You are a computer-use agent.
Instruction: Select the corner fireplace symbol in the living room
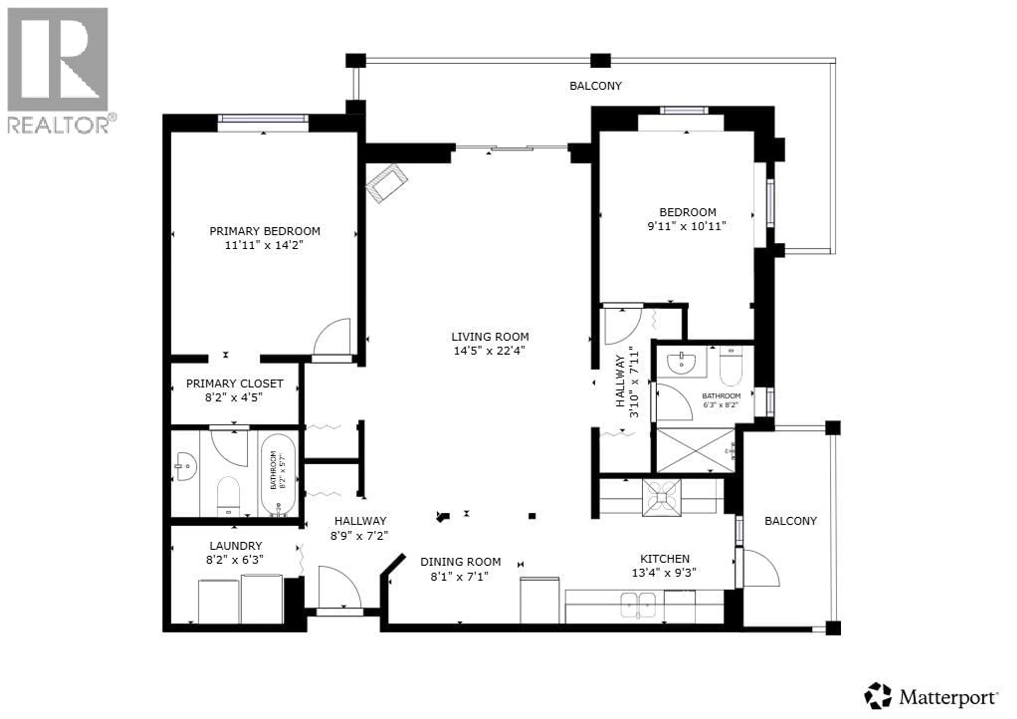[x=386, y=183]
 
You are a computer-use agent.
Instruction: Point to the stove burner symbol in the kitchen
[x=662, y=497]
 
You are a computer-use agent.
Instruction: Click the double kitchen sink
[x=638, y=605]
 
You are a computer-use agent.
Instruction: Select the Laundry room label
[x=236, y=546]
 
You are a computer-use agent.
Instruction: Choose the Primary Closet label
[x=234, y=384]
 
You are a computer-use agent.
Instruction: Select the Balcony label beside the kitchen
[x=790, y=521]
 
